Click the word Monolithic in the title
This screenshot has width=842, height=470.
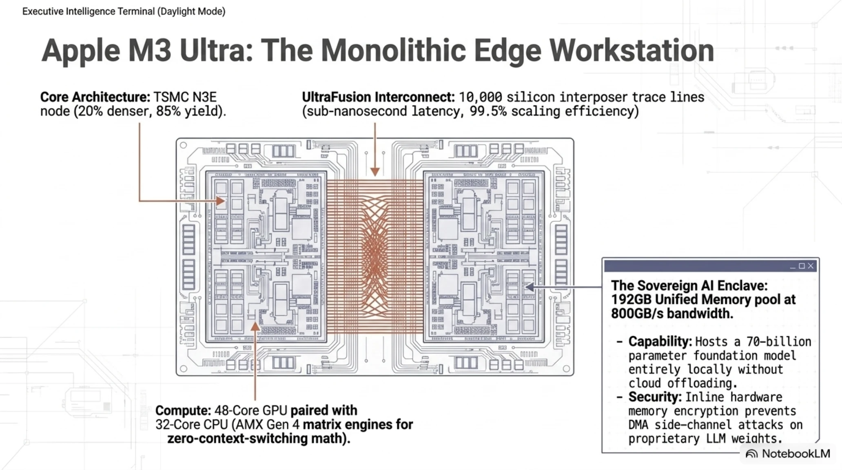(x=393, y=50)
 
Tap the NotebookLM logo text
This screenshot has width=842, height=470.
(x=795, y=454)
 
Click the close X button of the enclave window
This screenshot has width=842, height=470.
(x=811, y=266)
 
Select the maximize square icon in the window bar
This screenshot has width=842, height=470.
(x=802, y=266)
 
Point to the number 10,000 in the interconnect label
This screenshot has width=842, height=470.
(x=480, y=97)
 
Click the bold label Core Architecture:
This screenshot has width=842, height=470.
(x=95, y=97)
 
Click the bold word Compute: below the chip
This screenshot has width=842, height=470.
(x=183, y=410)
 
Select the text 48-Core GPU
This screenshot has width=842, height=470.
(x=250, y=410)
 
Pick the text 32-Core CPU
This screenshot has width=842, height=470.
(x=191, y=424)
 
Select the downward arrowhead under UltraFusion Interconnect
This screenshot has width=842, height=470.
(x=375, y=171)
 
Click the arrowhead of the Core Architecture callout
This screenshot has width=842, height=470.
(x=220, y=201)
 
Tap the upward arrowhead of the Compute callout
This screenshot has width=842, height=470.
(x=255, y=326)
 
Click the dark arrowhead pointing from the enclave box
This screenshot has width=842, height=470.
(x=530, y=287)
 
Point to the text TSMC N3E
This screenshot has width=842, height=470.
(x=185, y=97)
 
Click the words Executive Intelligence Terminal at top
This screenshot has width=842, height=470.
(x=89, y=11)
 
